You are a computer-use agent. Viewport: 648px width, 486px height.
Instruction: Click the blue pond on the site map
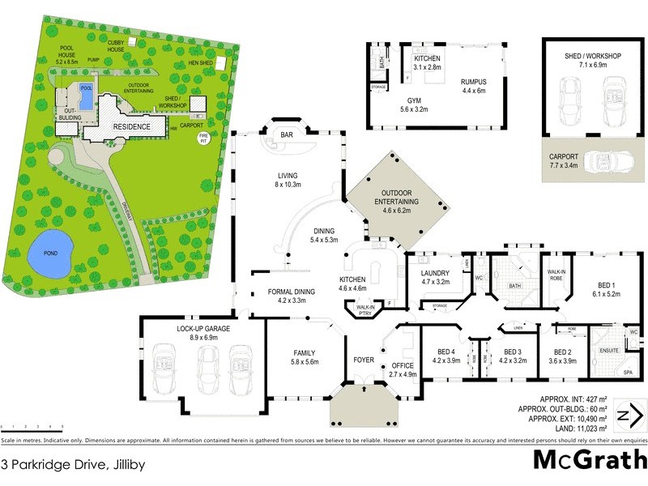[50, 256]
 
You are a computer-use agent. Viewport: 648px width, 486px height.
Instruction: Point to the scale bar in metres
[32, 426]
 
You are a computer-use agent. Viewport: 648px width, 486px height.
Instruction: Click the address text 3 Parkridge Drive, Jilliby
[62, 464]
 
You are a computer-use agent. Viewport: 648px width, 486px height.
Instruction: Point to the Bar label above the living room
[286, 135]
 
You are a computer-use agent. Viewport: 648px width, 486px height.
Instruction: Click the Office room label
[403, 366]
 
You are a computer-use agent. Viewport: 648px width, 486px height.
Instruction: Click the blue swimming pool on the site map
[86, 90]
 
